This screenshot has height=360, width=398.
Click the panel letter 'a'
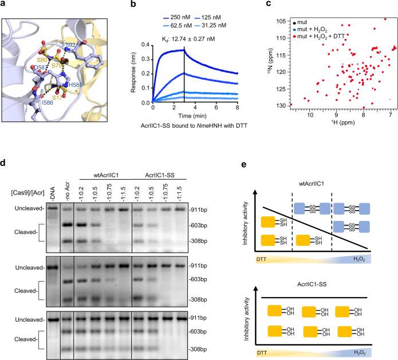coord(5,5)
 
